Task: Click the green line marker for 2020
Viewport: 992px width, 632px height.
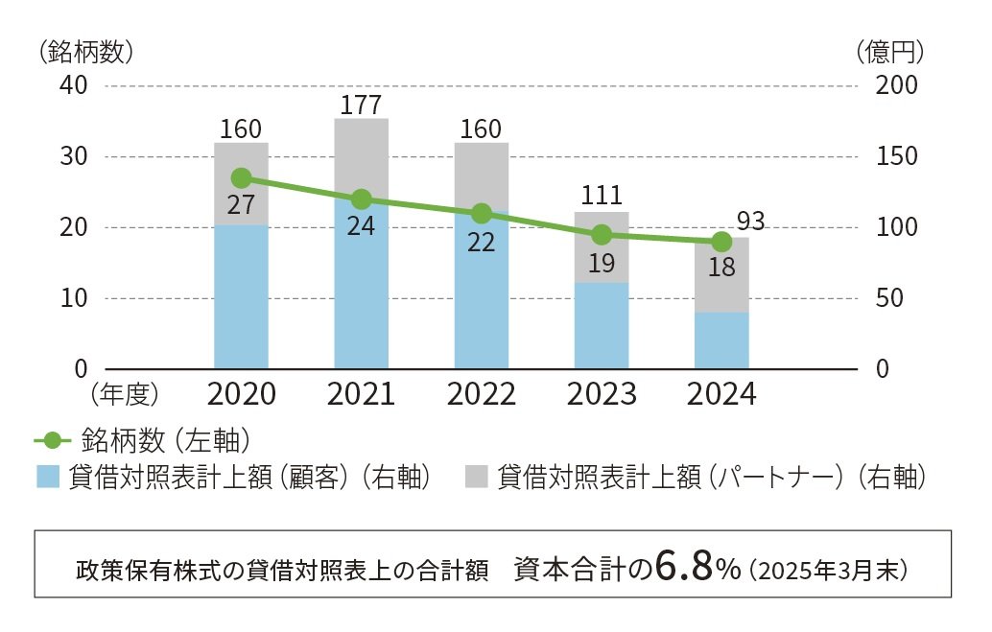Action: [x=242, y=178]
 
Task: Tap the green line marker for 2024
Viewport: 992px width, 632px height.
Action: [x=721, y=242]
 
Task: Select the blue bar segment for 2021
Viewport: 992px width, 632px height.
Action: [x=362, y=288]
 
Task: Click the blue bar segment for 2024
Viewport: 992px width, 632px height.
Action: [x=721, y=340]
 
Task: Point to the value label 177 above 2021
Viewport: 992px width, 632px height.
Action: [x=362, y=104]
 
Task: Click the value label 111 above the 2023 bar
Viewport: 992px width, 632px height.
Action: [x=602, y=196]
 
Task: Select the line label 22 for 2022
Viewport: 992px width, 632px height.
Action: [x=481, y=242]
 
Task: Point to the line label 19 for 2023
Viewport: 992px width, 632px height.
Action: [x=602, y=263]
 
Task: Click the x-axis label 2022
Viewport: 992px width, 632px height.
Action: [x=481, y=394]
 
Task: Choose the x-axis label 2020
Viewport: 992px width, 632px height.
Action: [x=241, y=394]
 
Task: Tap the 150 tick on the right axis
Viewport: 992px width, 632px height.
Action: [x=897, y=156]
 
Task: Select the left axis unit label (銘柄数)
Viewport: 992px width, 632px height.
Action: [x=85, y=52]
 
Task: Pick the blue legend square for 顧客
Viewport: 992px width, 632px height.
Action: [x=48, y=477]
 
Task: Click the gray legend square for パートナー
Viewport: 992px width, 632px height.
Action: [x=477, y=477]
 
